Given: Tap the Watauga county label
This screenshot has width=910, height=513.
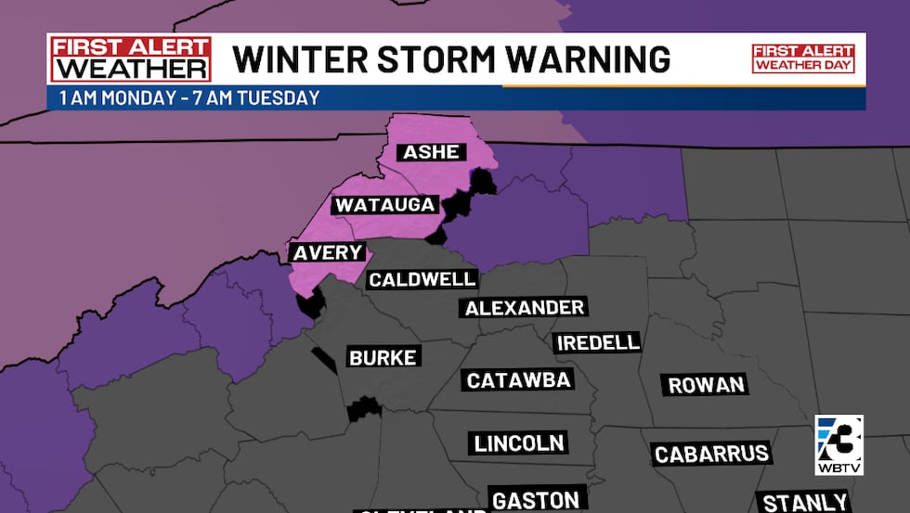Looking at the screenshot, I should point(385,204).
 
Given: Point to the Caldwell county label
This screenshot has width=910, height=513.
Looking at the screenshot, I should point(422,278).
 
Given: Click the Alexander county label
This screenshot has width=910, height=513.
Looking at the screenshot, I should point(525,308).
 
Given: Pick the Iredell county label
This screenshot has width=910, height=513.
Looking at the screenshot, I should point(598,342).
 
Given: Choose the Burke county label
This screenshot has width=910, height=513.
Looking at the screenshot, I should point(383,357).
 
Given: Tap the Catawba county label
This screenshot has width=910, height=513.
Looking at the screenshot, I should point(518,379).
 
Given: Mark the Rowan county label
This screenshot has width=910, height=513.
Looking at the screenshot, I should point(706,385).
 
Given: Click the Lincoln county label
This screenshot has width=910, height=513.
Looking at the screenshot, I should point(519,443).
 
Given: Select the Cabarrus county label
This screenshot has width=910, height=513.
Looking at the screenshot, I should point(711,454).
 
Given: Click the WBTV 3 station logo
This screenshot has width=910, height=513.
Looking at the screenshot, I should point(838,445).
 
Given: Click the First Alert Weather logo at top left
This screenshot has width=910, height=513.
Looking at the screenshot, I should point(131,59).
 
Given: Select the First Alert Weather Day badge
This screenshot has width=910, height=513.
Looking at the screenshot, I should point(802,58).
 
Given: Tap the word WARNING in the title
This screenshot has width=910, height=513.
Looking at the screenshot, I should point(591,59).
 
